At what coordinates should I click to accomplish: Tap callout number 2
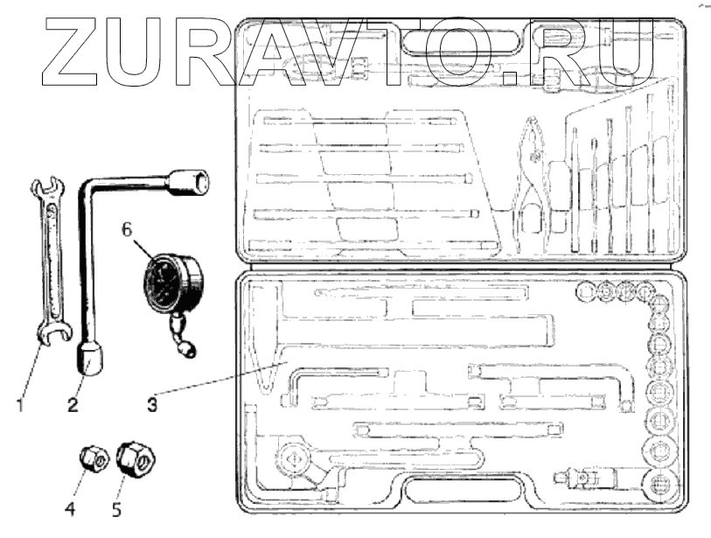73,405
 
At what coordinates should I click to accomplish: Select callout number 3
152,405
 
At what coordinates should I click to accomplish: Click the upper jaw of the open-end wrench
45,189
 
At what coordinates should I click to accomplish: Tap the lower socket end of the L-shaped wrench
90,356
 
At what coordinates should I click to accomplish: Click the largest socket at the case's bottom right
661,486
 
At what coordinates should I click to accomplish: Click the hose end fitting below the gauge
187,351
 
